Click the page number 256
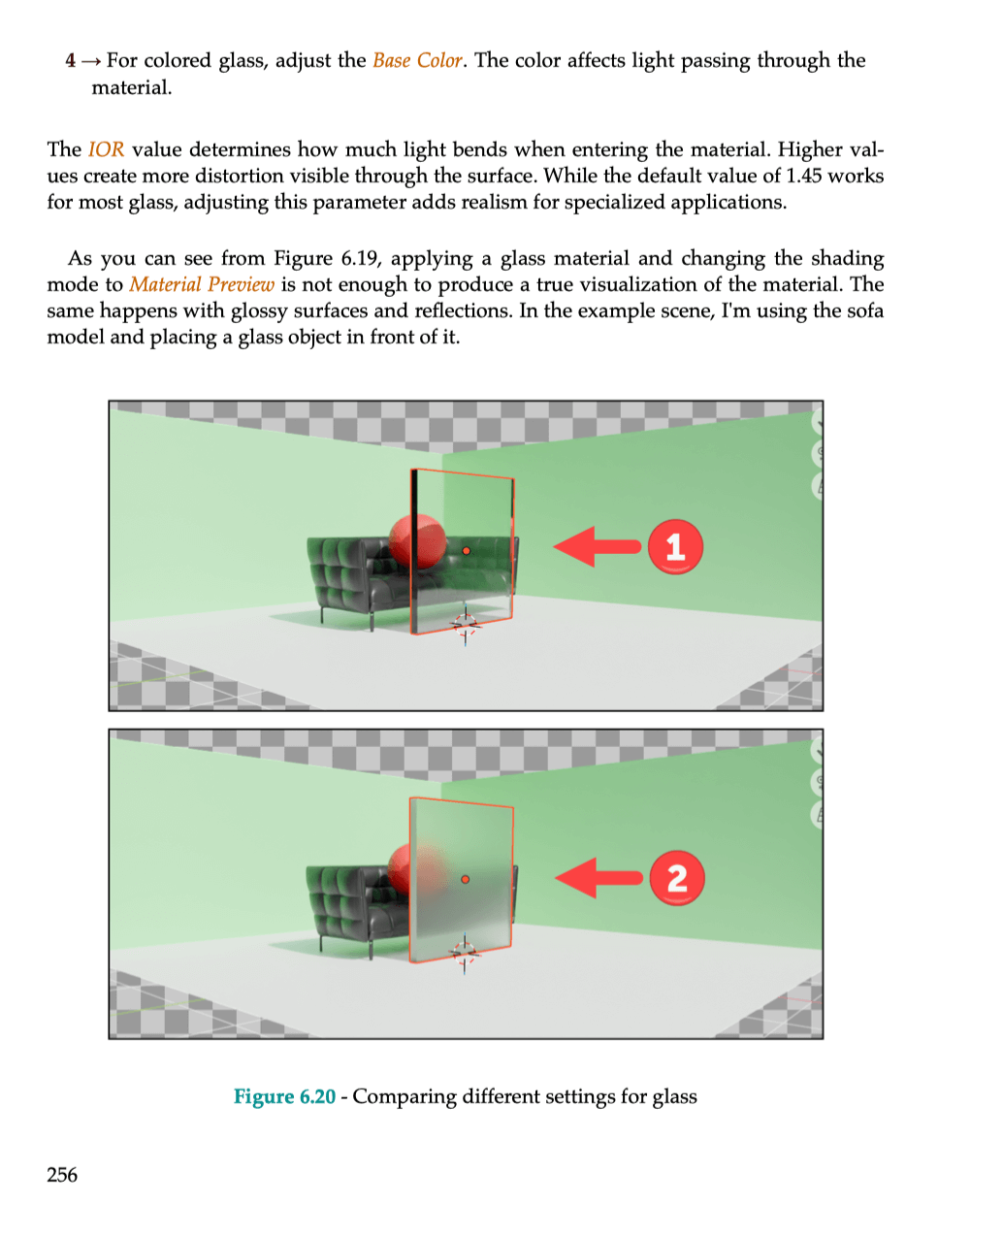[62, 1174]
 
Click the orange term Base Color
[417, 60]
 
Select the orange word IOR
[106, 149]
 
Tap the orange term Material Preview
[202, 284]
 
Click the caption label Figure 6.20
[284, 1096]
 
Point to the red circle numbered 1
[675, 546]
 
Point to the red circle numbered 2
[676, 878]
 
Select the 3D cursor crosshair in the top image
[466, 625]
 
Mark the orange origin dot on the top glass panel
[467, 551]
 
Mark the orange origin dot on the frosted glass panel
[466, 879]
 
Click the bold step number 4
[71, 60]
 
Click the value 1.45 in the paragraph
[803, 176]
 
